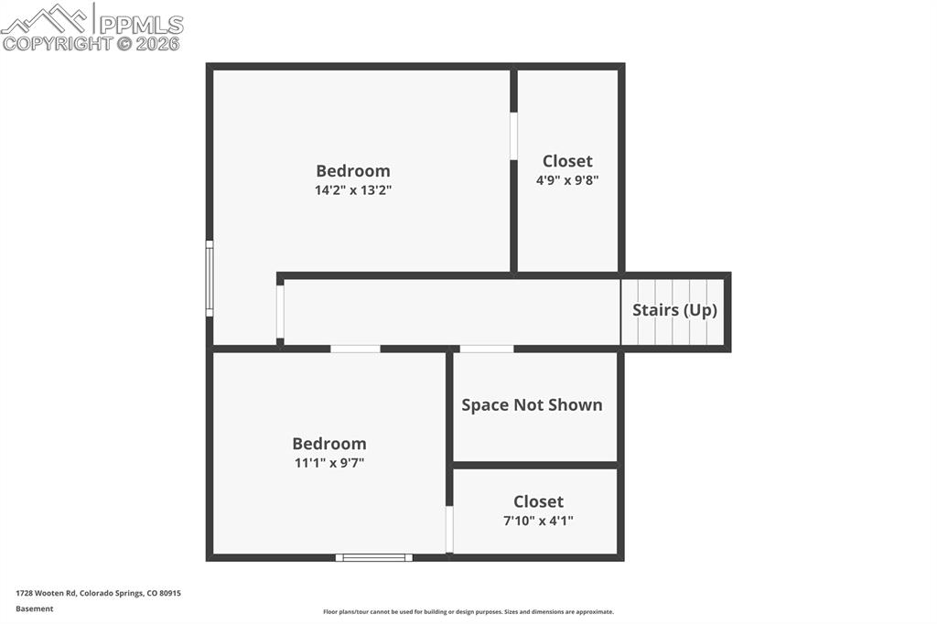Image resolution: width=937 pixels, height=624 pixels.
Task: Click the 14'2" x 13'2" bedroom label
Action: click(x=353, y=180)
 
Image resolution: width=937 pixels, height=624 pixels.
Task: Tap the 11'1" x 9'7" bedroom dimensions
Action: click(x=329, y=463)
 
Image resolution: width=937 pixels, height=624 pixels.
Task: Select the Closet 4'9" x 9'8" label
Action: click(x=567, y=170)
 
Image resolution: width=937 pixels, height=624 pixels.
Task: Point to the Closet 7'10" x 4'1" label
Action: click(x=538, y=511)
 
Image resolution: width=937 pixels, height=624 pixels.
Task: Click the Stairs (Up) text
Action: click(x=674, y=310)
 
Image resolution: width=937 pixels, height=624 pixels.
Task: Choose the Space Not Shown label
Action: click(x=532, y=404)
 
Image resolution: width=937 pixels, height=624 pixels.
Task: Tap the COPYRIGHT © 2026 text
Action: click(x=91, y=43)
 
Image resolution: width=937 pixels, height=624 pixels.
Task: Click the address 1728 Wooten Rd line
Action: click(x=98, y=593)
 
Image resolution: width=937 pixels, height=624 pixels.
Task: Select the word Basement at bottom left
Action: click(x=35, y=608)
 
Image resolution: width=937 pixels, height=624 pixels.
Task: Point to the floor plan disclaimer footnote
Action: click(x=468, y=612)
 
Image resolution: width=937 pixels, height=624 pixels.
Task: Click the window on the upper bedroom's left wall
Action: click(x=210, y=279)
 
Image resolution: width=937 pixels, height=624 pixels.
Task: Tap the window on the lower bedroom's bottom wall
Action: click(x=373, y=556)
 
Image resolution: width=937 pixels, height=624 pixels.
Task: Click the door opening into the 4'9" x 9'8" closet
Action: click(x=513, y=136)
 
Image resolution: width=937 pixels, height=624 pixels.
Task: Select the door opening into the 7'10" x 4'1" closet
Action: click(x=449, y=530)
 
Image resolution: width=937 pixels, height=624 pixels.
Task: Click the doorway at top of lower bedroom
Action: click(x=355, y=349)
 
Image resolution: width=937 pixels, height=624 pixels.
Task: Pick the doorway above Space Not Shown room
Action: click(x=486, y=349)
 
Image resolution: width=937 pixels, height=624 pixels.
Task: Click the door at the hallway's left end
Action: click(x=280, y=313)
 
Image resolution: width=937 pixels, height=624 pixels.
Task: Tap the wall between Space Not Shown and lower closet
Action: click(x=536, y=465)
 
